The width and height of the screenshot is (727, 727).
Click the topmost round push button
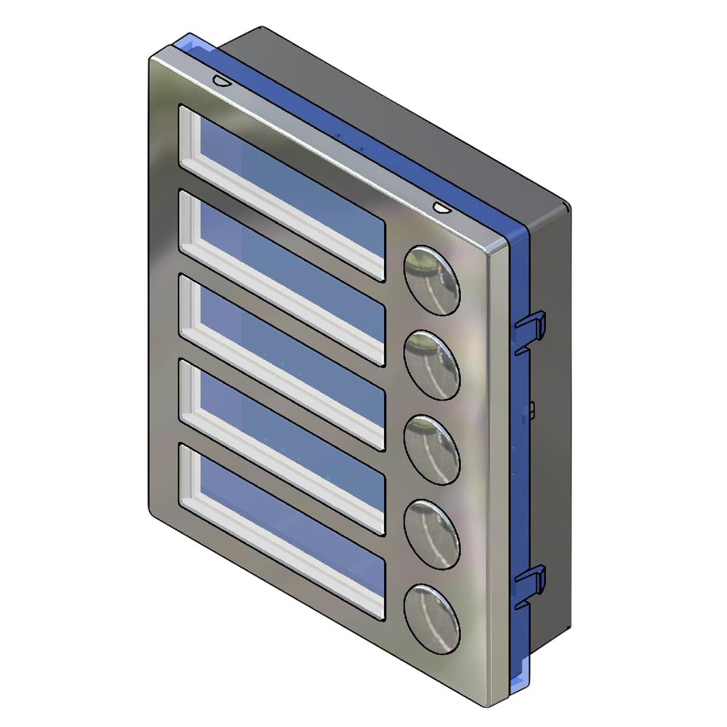(x=432, y=279)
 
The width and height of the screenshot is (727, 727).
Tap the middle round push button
(x=432, y=449)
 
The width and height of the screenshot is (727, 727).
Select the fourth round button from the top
(x=432, y=534)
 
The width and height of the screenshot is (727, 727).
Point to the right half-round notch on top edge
(x=441, y=208)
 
